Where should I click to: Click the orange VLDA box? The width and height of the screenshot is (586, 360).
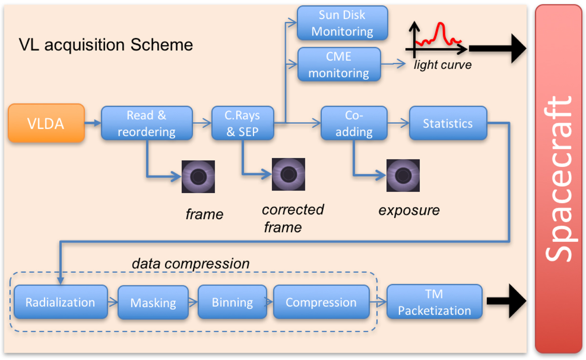click(46, 123)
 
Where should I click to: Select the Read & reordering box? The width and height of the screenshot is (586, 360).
click(147, 123)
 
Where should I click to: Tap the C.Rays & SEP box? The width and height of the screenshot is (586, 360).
click(243, 123)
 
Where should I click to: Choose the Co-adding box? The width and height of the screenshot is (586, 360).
click(354, 123)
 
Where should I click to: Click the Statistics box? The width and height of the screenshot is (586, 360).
click(448, 123)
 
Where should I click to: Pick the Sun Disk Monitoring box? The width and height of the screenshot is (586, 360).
click(342, 23)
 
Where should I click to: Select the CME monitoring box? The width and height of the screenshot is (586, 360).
click(339, 64)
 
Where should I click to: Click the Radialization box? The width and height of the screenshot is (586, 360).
click(61, 302)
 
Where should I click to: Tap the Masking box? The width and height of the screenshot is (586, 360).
click(153, 303)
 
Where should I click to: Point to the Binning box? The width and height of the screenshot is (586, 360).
click(232, 302)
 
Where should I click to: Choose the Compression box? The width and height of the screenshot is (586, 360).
click(321, 302)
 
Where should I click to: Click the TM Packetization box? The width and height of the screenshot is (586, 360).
click(434, 302)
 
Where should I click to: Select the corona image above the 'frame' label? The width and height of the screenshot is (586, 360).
click(198, 177)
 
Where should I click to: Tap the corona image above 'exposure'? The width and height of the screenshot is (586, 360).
click(403, 175)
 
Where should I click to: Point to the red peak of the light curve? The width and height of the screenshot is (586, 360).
click(440, 24)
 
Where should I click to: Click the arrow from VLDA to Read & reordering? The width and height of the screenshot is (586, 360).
click(93, 123)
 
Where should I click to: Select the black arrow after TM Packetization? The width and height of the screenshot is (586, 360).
click(506, 301)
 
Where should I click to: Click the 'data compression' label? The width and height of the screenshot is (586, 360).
click(190, 263)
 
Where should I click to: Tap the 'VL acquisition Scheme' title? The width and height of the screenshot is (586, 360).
click(106, 45)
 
